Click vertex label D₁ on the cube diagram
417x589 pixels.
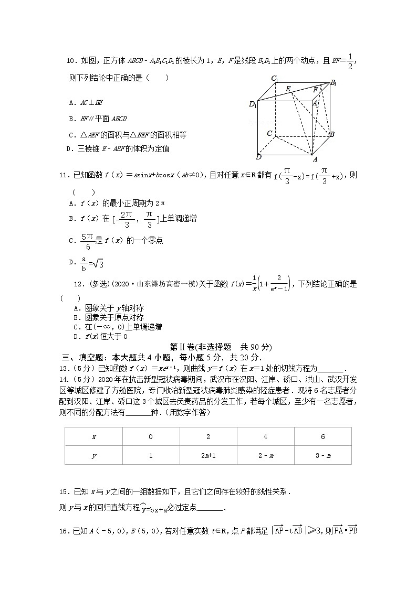(x=253, y=104)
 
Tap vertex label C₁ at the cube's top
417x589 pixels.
(x=275, y=79)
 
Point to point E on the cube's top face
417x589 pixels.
(x=288, y=89)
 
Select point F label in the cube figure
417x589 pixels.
(x=315, y=90)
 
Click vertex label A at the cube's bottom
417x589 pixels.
(x=315, y=159)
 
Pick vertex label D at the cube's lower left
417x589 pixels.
(x=258, y=157)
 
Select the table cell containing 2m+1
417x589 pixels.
(x=208, y=455)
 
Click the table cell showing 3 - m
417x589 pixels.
(x=322, y=455)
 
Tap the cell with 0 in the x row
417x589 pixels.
(x=151, y=436)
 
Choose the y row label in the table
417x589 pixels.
(x=93, y=455)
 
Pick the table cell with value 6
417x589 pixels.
(x=322, y=436)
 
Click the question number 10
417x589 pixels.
(x=71, y=61)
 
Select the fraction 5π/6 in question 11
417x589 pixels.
(x=87, y=240)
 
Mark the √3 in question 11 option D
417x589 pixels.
(x=98, y=263)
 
